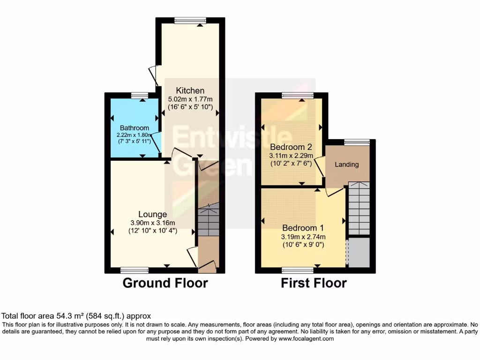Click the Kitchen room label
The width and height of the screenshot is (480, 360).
190,90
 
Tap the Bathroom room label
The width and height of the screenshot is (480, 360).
134,128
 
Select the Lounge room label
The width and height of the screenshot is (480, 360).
152,214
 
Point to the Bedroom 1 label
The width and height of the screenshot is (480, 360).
303,228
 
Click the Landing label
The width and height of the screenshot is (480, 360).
347,165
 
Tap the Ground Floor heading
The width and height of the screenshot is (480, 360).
165,283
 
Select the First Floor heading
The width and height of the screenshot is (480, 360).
314,283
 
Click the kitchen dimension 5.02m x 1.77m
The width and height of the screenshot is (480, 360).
190,99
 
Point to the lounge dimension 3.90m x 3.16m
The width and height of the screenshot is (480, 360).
152,223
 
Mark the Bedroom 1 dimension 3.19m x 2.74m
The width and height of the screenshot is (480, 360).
303,236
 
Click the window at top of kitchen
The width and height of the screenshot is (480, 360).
190,20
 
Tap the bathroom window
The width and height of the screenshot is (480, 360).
139,95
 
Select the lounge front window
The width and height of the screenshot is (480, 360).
134,270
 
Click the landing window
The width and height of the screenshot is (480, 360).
356,142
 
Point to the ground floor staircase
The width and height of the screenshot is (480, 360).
208,220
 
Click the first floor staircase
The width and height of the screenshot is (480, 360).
359,209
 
